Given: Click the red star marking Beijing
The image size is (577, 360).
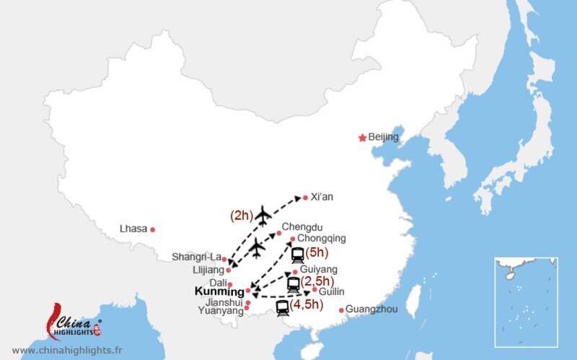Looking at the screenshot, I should pyautogui.click(x=362, y=138).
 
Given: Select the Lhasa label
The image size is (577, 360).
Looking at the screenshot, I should pyautogui.click(x=133, y=229).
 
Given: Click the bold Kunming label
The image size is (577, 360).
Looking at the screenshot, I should pyautogui.click(x=219, y=292).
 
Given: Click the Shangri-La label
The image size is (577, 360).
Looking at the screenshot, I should pyautogui.click(x=196, y=257).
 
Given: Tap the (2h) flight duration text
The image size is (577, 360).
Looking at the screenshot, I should pyautogui.click(x=240, y=215).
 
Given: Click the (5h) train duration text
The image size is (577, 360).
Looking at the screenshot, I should pyautogui.click(x=317, y=253).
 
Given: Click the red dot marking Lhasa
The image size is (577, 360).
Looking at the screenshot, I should pyautogui.click(x=153, y=229).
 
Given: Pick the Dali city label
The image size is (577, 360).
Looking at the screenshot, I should pyautogui.click(x=218, y=283).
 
